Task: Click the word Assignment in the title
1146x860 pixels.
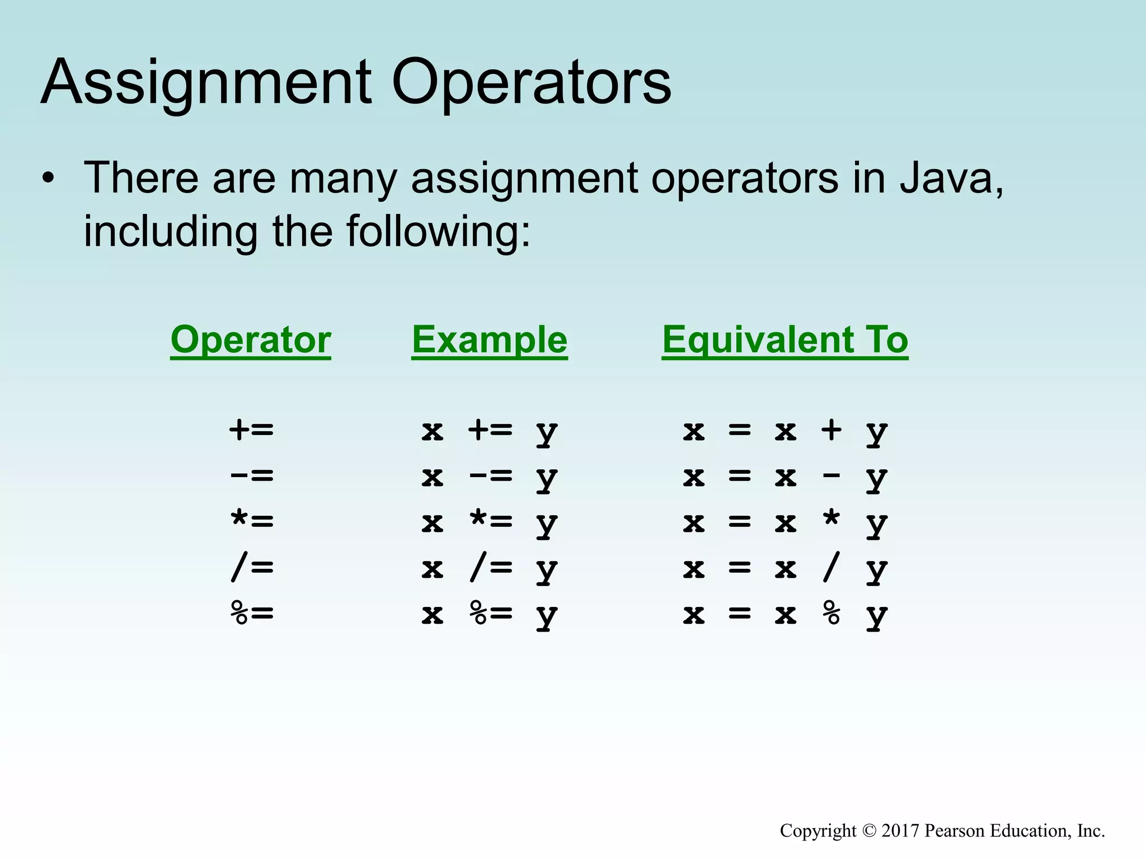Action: pyautogui.click(x=205, y=83)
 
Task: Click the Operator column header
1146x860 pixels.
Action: pyautogui.click(x=251, y=339)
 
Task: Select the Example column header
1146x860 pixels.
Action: pyautogui.click(x=490, y=339)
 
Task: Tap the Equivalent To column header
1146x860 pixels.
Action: pyautogui.click(x=785, y=339)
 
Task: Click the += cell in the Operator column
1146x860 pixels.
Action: pyautogui.click(x=252, y=430)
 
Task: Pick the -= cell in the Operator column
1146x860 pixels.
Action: pyautogui.click(x=252, y=476)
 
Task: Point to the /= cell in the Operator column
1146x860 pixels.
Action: pyautogui.click(x=252, y=568)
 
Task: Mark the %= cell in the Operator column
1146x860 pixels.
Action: pyautogui.click(x=252, y=614)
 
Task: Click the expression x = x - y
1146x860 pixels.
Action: pyautogui.click(x=785, y=477)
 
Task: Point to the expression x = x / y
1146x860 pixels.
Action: pyautogui.click(x=785, y=569)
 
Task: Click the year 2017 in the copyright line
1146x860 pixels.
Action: pyautogui.click(x=900, y=830)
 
